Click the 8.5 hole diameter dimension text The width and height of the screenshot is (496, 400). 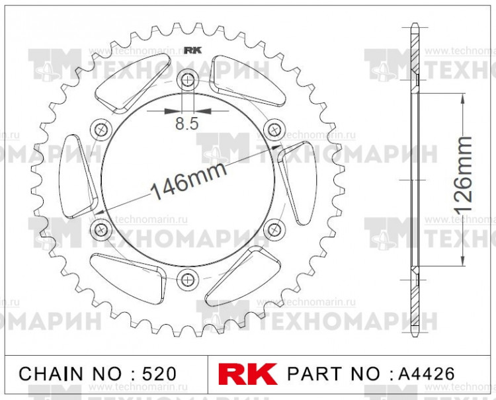(188, 123)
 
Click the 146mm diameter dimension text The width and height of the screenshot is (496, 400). (188, 182)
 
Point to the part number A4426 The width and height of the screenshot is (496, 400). (426, 374)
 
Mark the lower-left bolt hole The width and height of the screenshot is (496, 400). (101, 229)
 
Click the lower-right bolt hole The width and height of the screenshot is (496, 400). (273, 229)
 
